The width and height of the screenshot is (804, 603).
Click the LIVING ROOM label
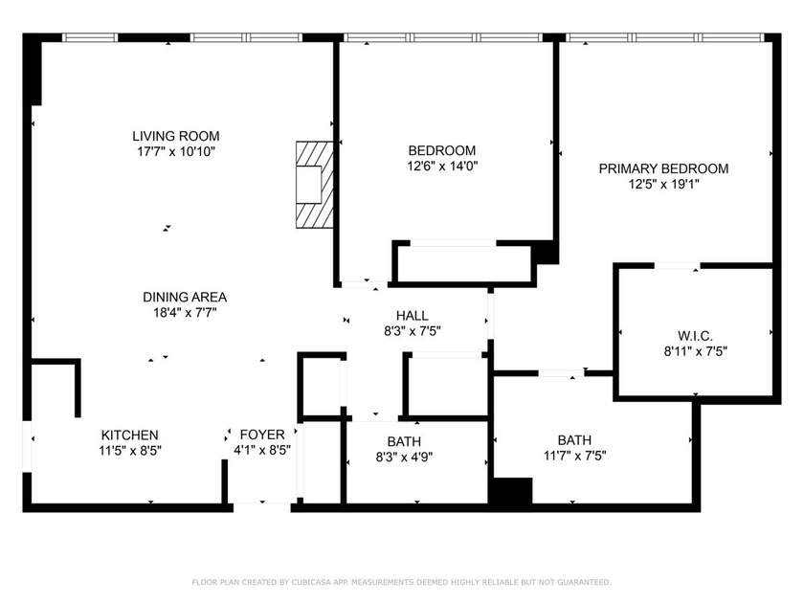(175, 136)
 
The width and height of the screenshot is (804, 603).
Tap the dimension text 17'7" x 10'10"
(175, 151)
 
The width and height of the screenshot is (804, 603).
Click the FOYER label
(262, 435)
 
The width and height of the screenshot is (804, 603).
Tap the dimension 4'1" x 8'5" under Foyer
(262, 450)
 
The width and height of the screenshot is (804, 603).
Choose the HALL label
(413, 316)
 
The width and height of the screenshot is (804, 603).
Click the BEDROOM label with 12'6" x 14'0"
(441, 150)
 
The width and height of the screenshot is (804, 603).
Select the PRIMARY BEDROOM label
(663, 168)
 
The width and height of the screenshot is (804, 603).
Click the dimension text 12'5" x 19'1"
(663, 185)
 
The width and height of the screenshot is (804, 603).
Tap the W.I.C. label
(694, 335)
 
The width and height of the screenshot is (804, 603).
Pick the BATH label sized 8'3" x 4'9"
(404, 441)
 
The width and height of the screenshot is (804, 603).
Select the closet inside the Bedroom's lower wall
(462, 263)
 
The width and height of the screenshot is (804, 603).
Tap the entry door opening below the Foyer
(262, 503)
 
